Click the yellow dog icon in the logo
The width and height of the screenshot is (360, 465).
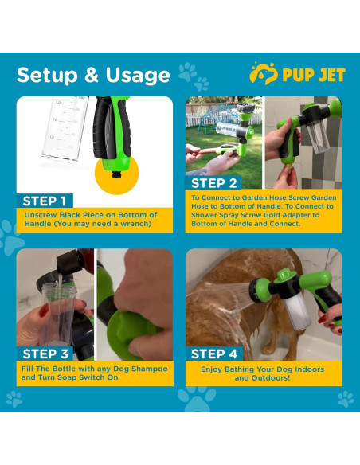263,73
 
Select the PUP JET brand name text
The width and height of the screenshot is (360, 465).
313,75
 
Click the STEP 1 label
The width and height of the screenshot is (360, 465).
45,201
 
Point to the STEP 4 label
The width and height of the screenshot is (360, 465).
214,354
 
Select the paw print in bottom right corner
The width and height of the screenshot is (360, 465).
346,398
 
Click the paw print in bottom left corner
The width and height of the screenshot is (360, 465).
14,398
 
